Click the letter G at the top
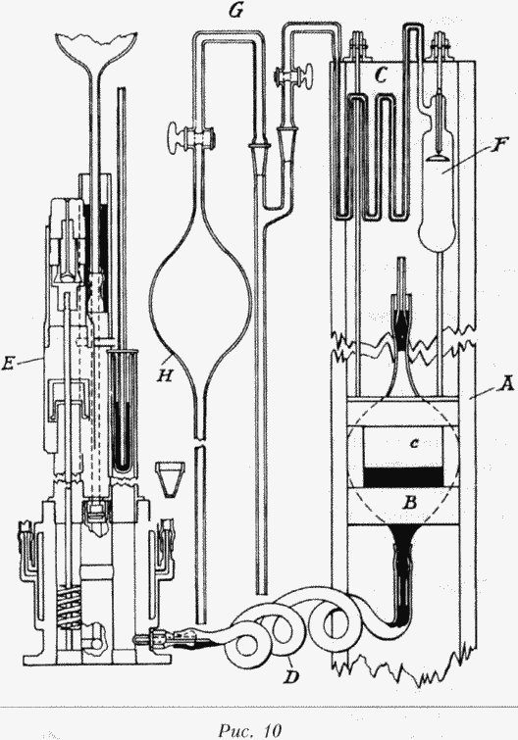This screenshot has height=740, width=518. click(x=235, y=12)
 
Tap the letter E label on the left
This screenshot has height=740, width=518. click(x=8, y=364)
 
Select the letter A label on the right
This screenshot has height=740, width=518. click(x=505, y=386)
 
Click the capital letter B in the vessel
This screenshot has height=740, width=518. click(x=409, y=503)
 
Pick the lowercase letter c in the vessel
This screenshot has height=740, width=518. click(x=414, y=444)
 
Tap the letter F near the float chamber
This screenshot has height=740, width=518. click(x=495, y=147)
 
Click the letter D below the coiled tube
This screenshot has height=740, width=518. click(x=291, y=677)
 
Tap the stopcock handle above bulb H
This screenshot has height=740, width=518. click(x=176, y=137)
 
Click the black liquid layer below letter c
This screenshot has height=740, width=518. click(x=403, y=476)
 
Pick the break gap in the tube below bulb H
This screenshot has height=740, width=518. click(x=200, y=443)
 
